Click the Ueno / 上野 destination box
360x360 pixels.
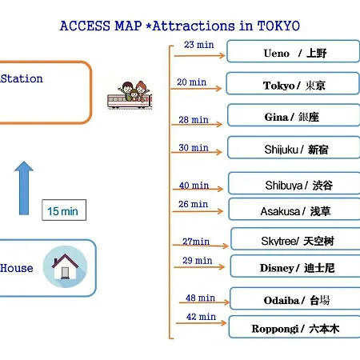tap(293, 51)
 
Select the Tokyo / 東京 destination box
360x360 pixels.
tap(293, 83)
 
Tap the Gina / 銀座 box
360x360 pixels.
tap(294, 115)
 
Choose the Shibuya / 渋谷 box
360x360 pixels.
tap(294, 183)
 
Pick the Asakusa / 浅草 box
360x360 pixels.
tap(294, 210)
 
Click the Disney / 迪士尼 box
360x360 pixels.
tap(295, 266)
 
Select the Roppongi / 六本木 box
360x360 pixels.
tap(294, 327)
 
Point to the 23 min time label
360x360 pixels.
tap(199, 45)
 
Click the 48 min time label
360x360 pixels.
tap(200, 298)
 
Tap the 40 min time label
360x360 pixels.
tap(194, 185)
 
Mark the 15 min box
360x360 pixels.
tap(64, 210)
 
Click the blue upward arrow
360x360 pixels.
tap(24, 188)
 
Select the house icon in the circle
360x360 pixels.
tap(66, 266)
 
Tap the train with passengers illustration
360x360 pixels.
tap(130, 95)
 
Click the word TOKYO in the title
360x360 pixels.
tap(278, 26)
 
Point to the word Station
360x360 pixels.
tap(22, 78)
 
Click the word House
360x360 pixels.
tap(17, 268)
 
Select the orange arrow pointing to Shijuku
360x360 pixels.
tap(197, 152)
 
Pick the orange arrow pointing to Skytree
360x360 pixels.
tap(200, 245)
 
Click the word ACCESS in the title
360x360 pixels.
tap(85, 26)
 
